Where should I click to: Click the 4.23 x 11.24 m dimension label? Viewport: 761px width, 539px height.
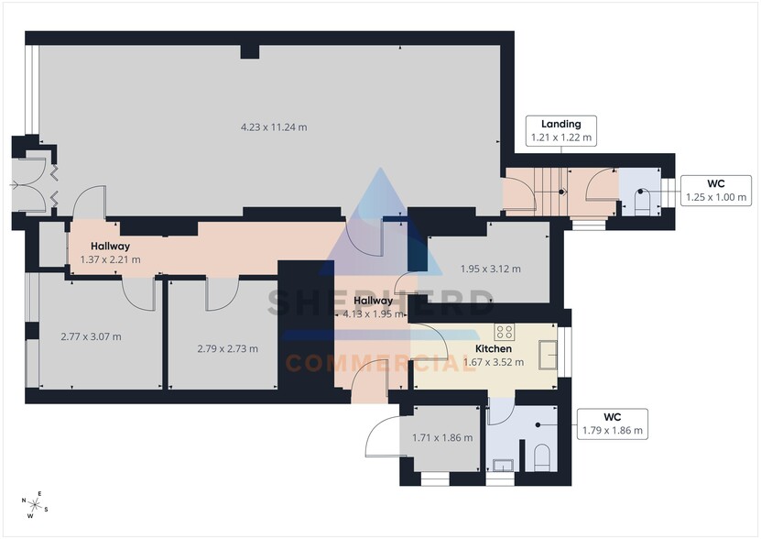(274, 127)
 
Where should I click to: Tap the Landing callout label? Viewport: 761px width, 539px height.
(561, 131)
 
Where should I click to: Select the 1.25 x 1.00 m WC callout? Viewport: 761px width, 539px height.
(716, 191)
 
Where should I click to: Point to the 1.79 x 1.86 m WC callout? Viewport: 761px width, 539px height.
(612, 423)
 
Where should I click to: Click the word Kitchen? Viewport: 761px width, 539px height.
(493, 348)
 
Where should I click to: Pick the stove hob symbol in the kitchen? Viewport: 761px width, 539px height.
(505, 332)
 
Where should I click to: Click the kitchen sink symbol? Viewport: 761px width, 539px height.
(548, 356)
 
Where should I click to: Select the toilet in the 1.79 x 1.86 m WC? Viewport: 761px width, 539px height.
(541, 457)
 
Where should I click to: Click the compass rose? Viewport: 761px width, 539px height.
(35, 505)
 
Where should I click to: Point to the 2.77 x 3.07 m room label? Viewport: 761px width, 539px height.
(92, 336)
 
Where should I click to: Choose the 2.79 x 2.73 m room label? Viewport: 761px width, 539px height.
(228, 348)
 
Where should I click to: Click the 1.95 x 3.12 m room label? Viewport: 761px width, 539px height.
(490, 269)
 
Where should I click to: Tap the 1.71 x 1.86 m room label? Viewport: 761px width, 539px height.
(442, 437)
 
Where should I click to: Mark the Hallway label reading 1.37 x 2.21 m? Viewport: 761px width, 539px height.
(110, 253)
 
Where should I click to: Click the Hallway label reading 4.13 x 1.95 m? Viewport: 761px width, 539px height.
(374, 307)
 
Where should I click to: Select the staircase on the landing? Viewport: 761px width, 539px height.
(551, 192)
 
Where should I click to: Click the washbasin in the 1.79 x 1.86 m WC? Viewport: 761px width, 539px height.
(503, 465)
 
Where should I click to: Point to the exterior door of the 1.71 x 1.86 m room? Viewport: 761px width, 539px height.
(383, 436)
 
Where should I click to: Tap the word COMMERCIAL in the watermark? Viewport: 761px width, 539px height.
(380, 363)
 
